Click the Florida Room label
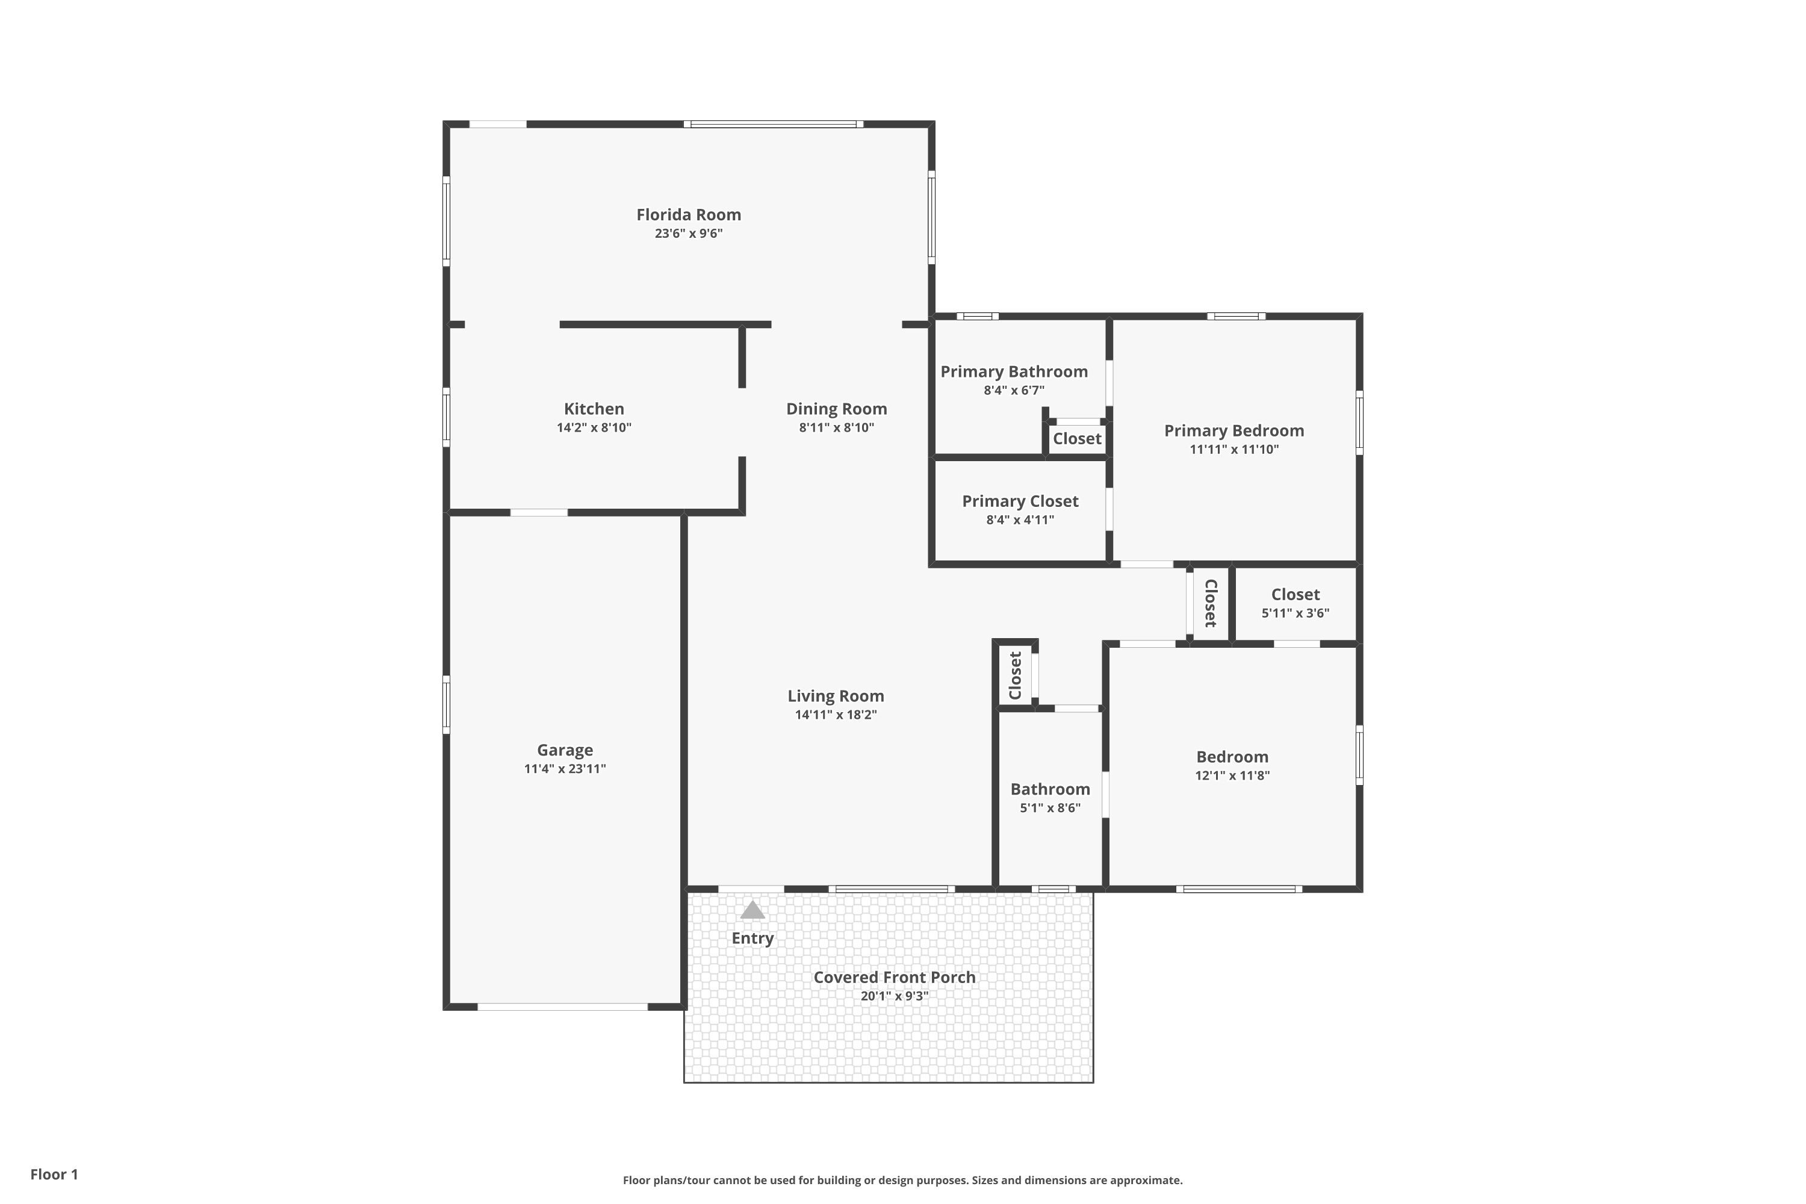click(x=688, y=215)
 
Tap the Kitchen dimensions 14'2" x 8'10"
click(x=594, y=427)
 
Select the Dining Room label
click(x=836, y=409)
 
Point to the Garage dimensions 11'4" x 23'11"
click(x=565, y=769)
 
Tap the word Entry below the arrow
click(x=752, y=939)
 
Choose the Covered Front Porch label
click(x=895, y=978)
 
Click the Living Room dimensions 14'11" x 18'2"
click(x=836, y=715)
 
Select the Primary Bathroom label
click(x=1014, y=371)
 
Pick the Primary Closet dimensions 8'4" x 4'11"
click(x=1020, y=520)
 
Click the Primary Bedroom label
click(x=1234, y=431)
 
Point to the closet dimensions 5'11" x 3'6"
click(x=1296, y=613)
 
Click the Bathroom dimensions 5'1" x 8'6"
click(x=1050, y=808)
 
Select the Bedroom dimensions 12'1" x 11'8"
click(x=1232, y=775)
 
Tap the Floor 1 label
click(x=54, y=1174)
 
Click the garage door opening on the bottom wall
click(x=563, y=1007)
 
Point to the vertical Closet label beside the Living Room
click(x=1015, y=675)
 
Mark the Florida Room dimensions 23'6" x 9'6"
click(x=688, y=234)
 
